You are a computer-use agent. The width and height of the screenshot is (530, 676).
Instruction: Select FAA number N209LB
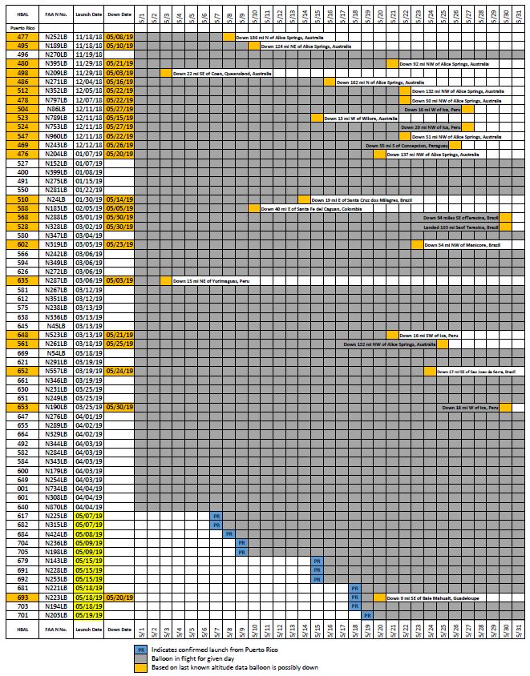click(55, 73)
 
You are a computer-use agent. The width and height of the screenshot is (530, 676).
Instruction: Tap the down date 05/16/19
click(119, 82)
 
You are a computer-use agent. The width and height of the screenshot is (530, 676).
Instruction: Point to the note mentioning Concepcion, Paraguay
click(406, 145)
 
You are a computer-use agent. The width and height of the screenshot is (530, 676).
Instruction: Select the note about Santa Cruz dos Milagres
click(353, 199)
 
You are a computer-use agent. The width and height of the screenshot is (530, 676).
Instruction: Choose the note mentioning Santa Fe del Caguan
click(312, 208)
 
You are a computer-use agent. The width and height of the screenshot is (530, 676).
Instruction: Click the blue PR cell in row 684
click(229, 533)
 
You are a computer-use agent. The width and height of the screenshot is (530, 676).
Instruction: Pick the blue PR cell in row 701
click(367, 615)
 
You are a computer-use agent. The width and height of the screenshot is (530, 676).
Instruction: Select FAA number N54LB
click(55, 352)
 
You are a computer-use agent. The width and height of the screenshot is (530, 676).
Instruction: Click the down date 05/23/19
click(119, 244)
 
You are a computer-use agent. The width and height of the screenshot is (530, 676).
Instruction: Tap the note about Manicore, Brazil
click(458, 244)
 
